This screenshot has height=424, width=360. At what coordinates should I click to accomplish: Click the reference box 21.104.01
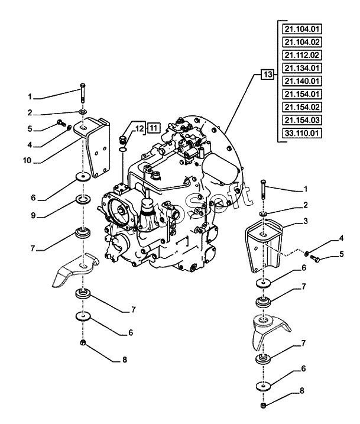coord(301,28)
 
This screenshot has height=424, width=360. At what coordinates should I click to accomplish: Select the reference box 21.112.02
coord(301,54)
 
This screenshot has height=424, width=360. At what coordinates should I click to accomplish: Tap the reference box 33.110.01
coord(301,133)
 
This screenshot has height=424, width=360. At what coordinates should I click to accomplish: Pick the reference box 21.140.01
coord(301,80)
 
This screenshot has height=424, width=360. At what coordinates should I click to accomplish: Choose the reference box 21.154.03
coord(301,120)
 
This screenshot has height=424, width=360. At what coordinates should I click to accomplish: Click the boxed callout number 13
coord(268,75)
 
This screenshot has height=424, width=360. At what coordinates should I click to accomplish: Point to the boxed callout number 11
coord(153,127)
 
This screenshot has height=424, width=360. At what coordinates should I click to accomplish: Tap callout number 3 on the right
coord(306,220)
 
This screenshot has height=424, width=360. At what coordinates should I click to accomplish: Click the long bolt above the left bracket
coord(83,95)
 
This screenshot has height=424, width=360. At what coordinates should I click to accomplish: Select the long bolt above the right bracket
coord(262,190)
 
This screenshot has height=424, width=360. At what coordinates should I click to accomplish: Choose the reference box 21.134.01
coord(301,67)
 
